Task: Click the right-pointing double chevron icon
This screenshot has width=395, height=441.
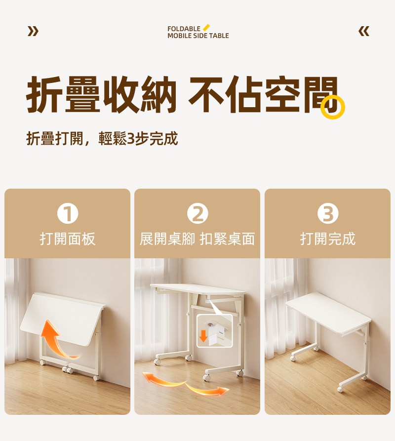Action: coord(33,31)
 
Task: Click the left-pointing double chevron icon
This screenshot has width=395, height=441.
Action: coord(364,31)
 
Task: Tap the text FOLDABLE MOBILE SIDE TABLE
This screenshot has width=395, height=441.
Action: coord(198,32)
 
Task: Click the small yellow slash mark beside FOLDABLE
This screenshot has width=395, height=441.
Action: coord(206,27)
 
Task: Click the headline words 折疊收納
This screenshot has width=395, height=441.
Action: coord(102,94)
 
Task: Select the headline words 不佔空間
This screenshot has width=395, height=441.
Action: coord(263,94)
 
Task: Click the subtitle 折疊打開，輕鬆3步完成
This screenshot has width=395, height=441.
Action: coord(102,138)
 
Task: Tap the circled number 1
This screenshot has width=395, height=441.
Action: coord(68,213)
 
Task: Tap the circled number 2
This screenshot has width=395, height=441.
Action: coord(197,213)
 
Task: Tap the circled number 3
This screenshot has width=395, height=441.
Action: coord(328,213)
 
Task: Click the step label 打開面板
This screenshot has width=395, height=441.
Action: coord(68,239)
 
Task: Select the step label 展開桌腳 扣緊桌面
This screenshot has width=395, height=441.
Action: coord(197,239)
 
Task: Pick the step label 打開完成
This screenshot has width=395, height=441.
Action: coord(328,239)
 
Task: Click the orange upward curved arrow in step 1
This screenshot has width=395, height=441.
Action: coord(55,342)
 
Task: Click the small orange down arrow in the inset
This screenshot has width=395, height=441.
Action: coord(203,336)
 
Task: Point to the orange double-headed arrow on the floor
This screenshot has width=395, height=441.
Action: coord(186,383)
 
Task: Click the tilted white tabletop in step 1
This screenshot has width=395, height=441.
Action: coord(62,318)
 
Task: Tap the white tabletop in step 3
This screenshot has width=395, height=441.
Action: coord(328,313)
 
